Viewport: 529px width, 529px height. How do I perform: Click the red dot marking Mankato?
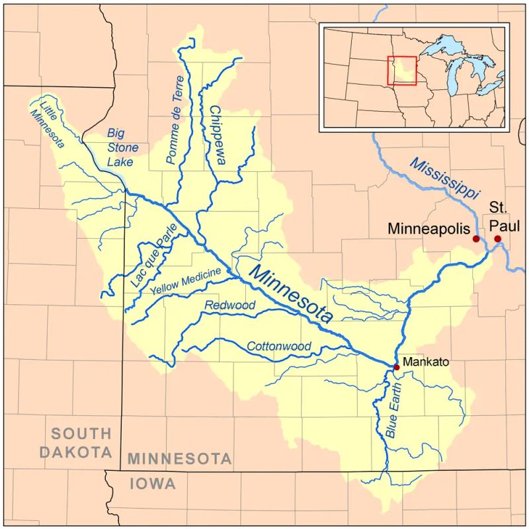click(396, 367)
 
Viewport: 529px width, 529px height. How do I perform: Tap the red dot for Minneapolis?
click(476, 238)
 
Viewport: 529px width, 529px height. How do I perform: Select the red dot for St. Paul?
click(497, 239)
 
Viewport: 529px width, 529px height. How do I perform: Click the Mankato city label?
click(426, 362)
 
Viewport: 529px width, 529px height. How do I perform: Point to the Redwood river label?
click(229, 305)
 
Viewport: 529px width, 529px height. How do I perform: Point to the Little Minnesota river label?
click(48, 123)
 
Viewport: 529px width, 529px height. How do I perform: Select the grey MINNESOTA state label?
click(180, 458)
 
